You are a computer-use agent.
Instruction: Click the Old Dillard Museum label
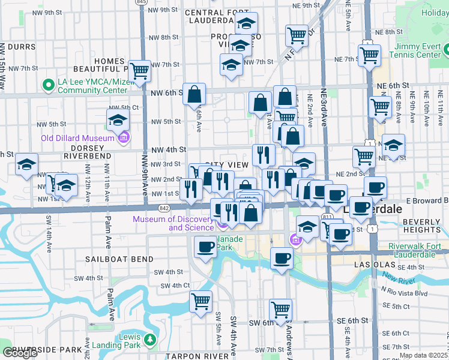pyautogui.click(x=77, y=138)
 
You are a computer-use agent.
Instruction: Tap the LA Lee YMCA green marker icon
pyautogui.click(x=45, y=84)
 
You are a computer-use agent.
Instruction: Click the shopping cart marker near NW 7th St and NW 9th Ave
pyautogui.click(x=140, y=71)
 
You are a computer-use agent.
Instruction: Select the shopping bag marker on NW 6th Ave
pyautogui.click(x=194, y=94)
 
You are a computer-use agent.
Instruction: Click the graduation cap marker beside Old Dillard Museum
pyautogui.click(x=118, y=119)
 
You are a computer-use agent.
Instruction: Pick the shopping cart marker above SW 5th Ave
pyautogui.click(x=200, y=301)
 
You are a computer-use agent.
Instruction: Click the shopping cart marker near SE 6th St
pyautogui.click(x=280, y=309)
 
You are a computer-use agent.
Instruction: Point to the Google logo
pyautogui.click(x=20, y=353)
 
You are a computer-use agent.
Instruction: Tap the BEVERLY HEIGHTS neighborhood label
pyautogui.click(x=422, y=226)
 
